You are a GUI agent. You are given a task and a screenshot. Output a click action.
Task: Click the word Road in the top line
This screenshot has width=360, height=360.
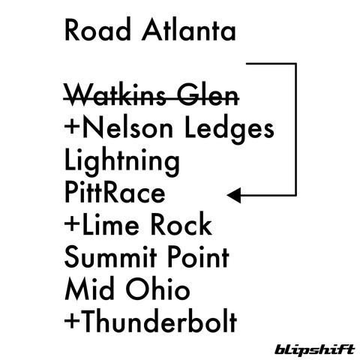click(97, 29)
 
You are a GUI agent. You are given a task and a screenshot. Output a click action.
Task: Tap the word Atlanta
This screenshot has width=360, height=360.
click(189, 29)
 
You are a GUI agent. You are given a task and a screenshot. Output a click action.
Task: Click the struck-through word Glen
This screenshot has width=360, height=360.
click(208, 96)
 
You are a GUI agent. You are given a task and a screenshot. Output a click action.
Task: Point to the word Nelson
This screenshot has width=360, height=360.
click(127, 128)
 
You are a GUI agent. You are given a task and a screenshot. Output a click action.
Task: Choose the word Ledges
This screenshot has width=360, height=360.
click(229, 130)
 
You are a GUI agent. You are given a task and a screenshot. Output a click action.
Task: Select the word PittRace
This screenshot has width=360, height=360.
click(115, 193)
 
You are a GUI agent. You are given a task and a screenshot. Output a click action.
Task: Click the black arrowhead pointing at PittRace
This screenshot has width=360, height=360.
click(234, 195)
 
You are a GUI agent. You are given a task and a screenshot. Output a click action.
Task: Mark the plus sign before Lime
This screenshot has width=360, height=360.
click(73, 223)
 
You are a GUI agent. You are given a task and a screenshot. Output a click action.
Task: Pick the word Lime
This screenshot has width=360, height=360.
click(110, 224)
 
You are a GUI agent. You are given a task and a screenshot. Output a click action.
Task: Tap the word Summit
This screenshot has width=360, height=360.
click(111, 257)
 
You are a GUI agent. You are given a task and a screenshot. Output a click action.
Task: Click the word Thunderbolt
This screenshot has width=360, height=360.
click(160, 321)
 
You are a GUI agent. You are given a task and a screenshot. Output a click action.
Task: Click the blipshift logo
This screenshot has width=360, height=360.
click(315, 349)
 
